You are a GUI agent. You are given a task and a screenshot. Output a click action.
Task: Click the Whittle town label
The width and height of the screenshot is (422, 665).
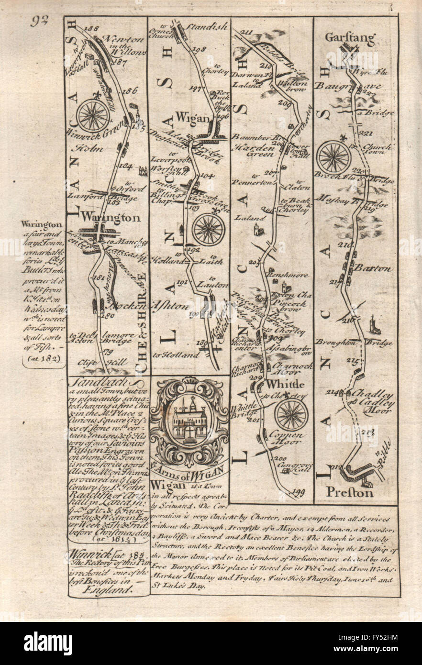point(285,384)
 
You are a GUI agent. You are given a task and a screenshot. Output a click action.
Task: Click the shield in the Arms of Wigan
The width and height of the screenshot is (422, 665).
point(190,421)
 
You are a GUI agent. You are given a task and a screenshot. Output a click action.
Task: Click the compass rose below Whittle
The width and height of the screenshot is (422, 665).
point(291,414)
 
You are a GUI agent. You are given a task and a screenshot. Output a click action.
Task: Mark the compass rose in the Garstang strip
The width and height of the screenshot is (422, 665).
point(334,157)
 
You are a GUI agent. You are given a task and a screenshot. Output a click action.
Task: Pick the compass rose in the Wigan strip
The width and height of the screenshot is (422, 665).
point(208,229)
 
